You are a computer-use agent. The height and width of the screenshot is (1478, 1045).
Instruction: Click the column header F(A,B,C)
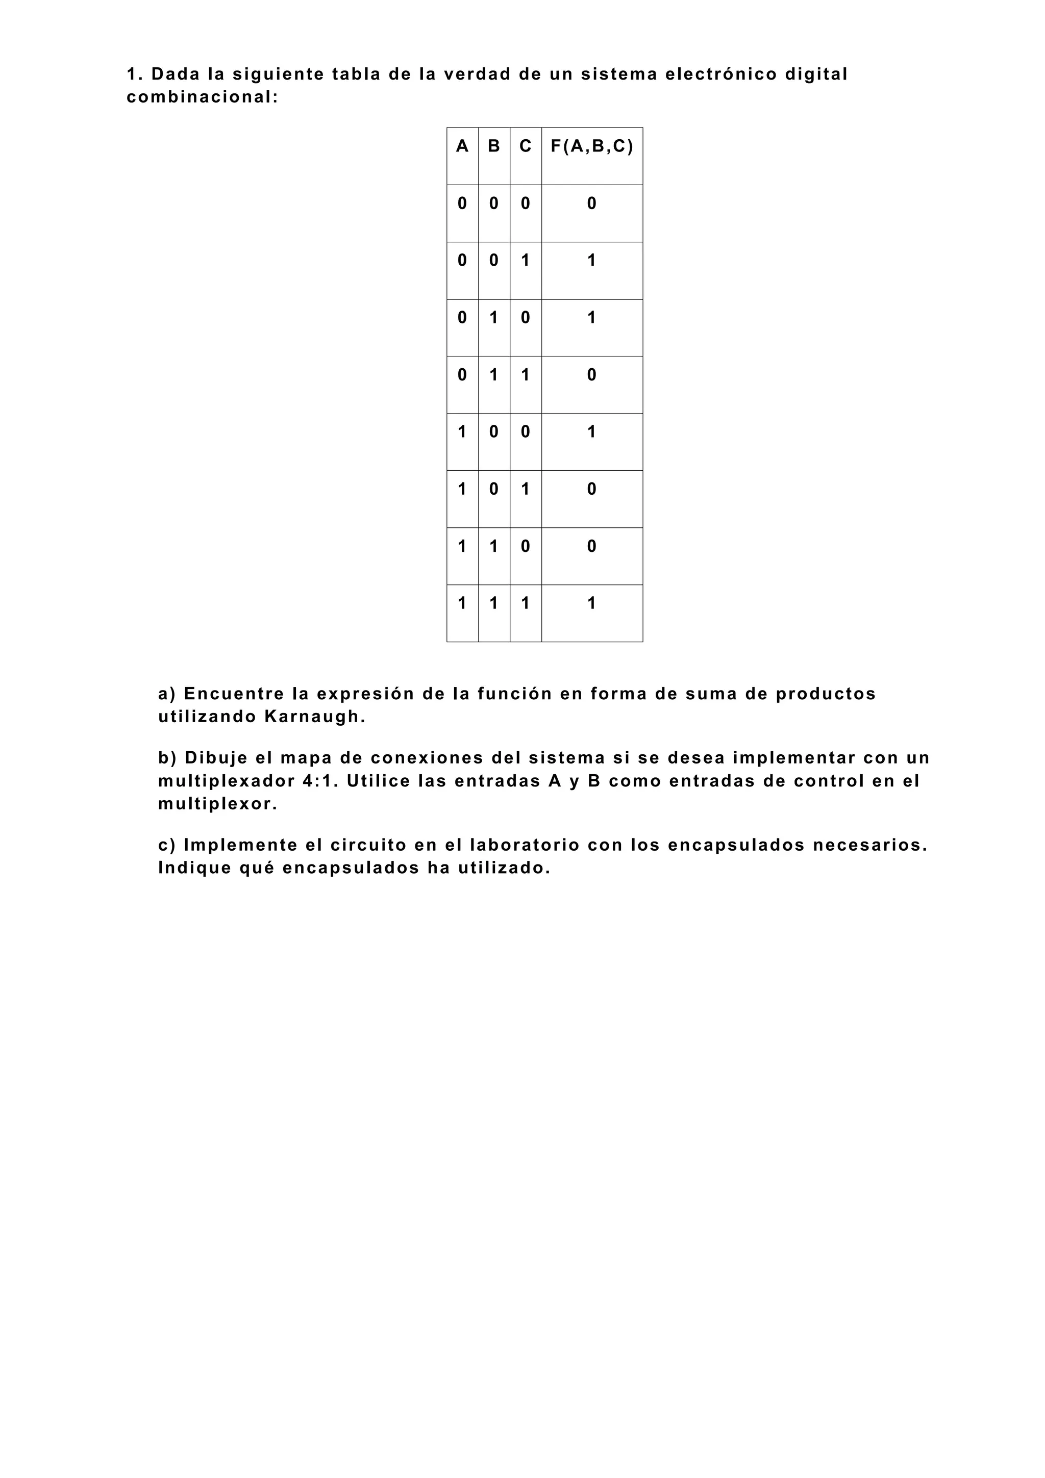[x=592, y=147]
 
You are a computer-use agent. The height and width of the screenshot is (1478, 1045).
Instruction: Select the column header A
[x=462, y=147]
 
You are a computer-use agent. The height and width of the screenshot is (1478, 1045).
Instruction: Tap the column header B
[x=494, y=147]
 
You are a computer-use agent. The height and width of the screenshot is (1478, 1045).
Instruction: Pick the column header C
[x=526, y=147]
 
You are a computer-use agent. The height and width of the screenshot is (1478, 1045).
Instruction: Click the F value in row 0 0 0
[x=592, y=204]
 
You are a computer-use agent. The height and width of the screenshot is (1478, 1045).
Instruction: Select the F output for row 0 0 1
[x=592, y=261]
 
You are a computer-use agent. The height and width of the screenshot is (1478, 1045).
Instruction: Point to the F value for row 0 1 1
[x=592, y=375]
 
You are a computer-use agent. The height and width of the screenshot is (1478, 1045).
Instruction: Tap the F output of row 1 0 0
[x=592, y=432]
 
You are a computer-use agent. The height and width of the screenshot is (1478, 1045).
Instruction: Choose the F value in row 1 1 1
[x=592, y=604]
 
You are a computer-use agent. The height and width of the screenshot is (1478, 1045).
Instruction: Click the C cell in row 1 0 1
[x=526, y=489]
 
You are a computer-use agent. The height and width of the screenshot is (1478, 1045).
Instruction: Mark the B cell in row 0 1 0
[x=494, y=318]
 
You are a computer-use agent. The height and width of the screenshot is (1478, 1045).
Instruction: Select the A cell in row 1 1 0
[x=462, y=547]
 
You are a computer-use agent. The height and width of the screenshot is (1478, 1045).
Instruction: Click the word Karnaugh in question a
[x=314, y=717]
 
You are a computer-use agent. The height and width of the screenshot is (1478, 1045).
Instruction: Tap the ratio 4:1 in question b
[x=319, y=781]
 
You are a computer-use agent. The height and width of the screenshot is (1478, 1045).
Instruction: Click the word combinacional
[x=202, y=98]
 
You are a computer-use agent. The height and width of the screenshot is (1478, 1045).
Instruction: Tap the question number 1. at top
[x=134, y=74]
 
